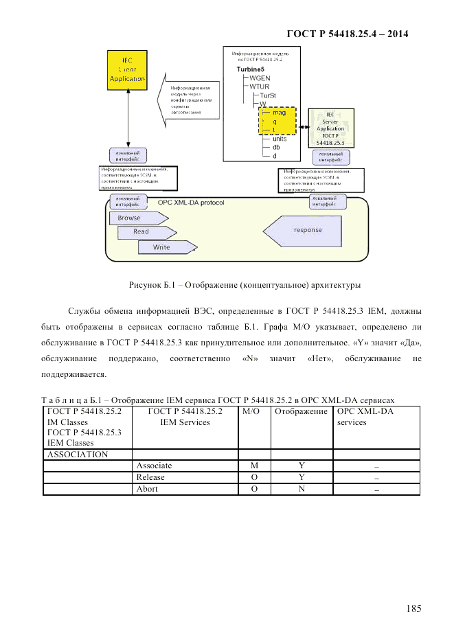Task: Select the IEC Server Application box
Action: click(330, 128)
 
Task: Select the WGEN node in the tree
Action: click(260, 78)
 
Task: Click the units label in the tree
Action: click(280, 139)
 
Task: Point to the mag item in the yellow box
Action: click(279, 113)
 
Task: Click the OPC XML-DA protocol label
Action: click(190, 203)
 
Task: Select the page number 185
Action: click(413, 608)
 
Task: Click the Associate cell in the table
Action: click(154, 466)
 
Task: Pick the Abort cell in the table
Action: click(147, 489)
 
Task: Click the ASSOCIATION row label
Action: click(77, 454)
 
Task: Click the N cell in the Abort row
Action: click(301, 489)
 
